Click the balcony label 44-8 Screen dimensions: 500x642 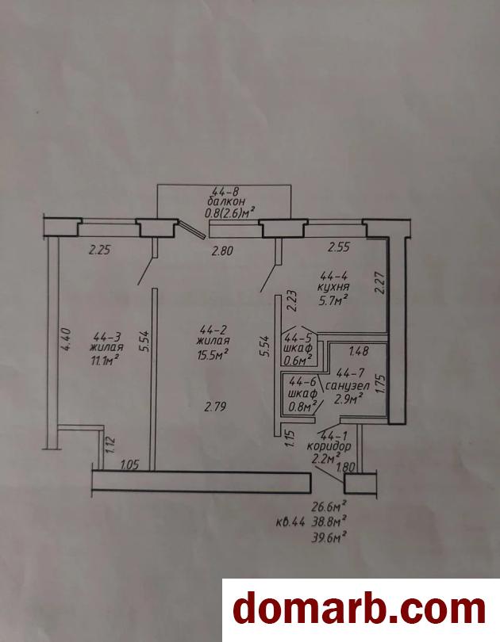point(225,191)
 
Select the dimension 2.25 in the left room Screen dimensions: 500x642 point(99,250)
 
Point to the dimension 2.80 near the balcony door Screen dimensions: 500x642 point(222,250)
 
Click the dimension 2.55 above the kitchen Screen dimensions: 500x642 point(339,246)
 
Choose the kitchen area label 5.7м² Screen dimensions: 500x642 point(333,301)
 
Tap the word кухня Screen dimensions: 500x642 point(333,287)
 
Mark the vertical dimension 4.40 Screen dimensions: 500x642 point(67,338)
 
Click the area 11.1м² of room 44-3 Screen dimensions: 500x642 point(106,361)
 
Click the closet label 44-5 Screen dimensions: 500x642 point(298,338)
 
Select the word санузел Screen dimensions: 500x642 point(348,386)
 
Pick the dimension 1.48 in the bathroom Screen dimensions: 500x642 point(359,351)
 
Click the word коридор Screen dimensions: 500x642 point(329,446)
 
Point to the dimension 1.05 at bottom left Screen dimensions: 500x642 point(129,464)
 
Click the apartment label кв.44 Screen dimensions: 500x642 point(290,523)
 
